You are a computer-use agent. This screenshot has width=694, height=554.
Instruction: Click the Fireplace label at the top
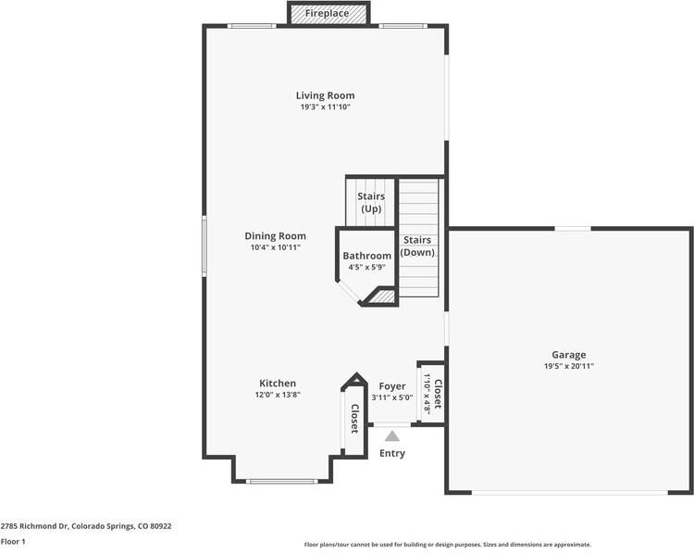point(328,14)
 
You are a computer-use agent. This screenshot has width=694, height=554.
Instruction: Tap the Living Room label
point(325,95)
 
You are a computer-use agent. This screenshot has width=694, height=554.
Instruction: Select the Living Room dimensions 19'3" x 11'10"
point(325,107)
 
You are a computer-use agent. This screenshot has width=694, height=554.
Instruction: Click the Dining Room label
point(275,236)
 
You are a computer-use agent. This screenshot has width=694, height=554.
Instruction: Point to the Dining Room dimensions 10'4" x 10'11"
point(275,247)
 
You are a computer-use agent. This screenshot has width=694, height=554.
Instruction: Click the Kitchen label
point(278,384)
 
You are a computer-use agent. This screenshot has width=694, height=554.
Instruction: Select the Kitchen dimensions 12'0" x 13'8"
point(278,395)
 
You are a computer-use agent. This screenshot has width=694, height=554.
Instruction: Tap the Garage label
point(569,355)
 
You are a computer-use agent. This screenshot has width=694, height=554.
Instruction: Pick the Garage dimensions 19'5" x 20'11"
point(569,366)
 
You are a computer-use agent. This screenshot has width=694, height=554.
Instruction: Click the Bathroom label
point(366,256)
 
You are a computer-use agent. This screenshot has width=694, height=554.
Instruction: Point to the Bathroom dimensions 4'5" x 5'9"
point(366,267)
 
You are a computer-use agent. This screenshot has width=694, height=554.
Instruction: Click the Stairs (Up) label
point(371,202)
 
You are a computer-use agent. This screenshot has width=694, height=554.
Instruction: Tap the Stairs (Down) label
point(417,246)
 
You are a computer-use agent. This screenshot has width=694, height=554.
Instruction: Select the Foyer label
point(392,386)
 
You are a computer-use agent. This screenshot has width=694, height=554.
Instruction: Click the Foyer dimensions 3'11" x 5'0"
point(392,397)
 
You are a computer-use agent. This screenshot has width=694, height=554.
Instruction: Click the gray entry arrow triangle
point(392,435)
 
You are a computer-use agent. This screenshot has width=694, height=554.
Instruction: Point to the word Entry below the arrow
point(392,453)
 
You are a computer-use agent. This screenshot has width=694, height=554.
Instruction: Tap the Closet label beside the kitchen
point(353,419)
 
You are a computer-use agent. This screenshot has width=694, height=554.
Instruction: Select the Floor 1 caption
point(13,541)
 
